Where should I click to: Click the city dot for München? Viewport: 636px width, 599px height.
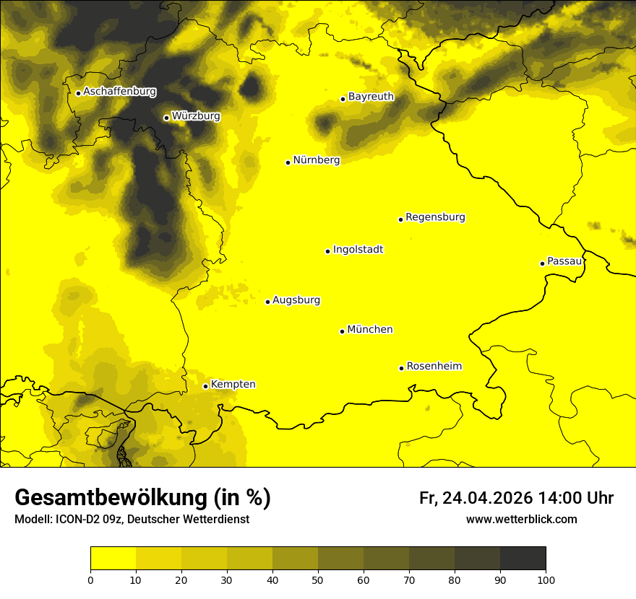click(x=342, y=331)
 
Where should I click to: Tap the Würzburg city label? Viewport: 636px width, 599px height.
click(x=196, y=116)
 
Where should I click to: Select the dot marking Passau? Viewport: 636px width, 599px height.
click(x=542, y=263)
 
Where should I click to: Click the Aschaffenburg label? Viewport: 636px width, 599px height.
click(x=119, y=92)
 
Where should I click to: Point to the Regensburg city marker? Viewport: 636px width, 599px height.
click(x=400, y=219)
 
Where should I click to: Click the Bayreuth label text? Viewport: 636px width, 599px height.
click(x=371, y=97)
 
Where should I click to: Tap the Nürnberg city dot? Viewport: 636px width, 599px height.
click(x=288, y=162)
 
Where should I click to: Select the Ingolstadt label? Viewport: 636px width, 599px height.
click(x=358, y=250)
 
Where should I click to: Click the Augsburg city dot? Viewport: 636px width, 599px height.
click(x=267, y=302)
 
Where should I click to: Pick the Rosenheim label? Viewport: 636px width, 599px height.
click(x=434, y=367)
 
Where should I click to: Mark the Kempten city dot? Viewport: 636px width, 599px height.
click(x=205, y=386)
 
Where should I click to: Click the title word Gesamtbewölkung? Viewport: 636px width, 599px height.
click(x=109, y=498)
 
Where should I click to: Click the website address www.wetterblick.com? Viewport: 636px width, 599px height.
click(x=521, y=520)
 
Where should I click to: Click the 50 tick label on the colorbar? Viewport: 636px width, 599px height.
click(x=318, y=580)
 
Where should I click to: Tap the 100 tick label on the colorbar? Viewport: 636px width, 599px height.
click(x=546, y=580)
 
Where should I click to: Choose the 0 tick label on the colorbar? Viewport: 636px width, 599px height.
click(x=90, y=580)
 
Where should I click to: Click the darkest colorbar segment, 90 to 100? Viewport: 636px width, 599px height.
click(x=523, y=559)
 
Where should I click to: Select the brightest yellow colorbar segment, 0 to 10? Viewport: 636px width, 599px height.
click(x=113, y=559)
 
